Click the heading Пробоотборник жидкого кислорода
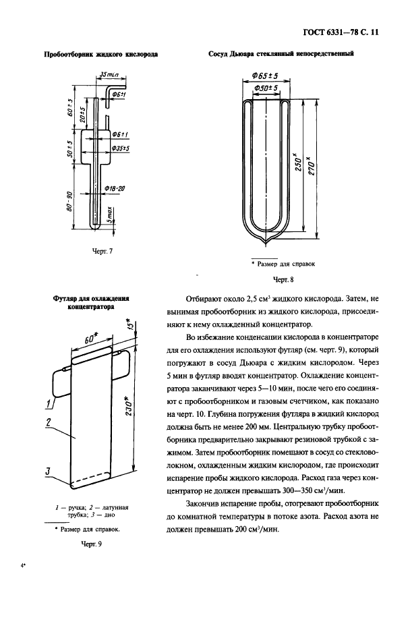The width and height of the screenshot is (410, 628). (100, 55)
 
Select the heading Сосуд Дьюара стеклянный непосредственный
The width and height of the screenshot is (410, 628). (281, 55)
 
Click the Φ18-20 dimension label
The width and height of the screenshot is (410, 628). (115, 189)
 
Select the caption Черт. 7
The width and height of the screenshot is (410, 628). (100, 251)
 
